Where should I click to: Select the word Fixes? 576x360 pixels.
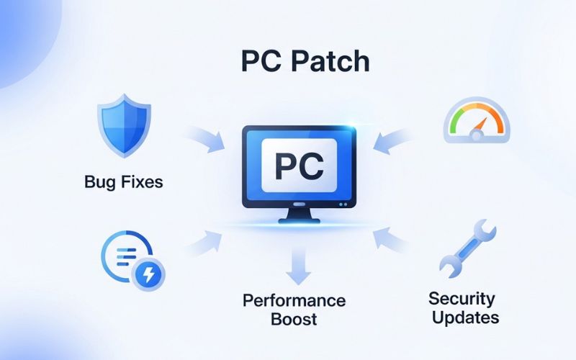tap(140, 182)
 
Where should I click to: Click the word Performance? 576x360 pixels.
tap(294, 300)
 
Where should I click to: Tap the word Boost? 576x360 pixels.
tap(294, 319)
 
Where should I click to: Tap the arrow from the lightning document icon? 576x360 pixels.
tap(205, 239)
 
